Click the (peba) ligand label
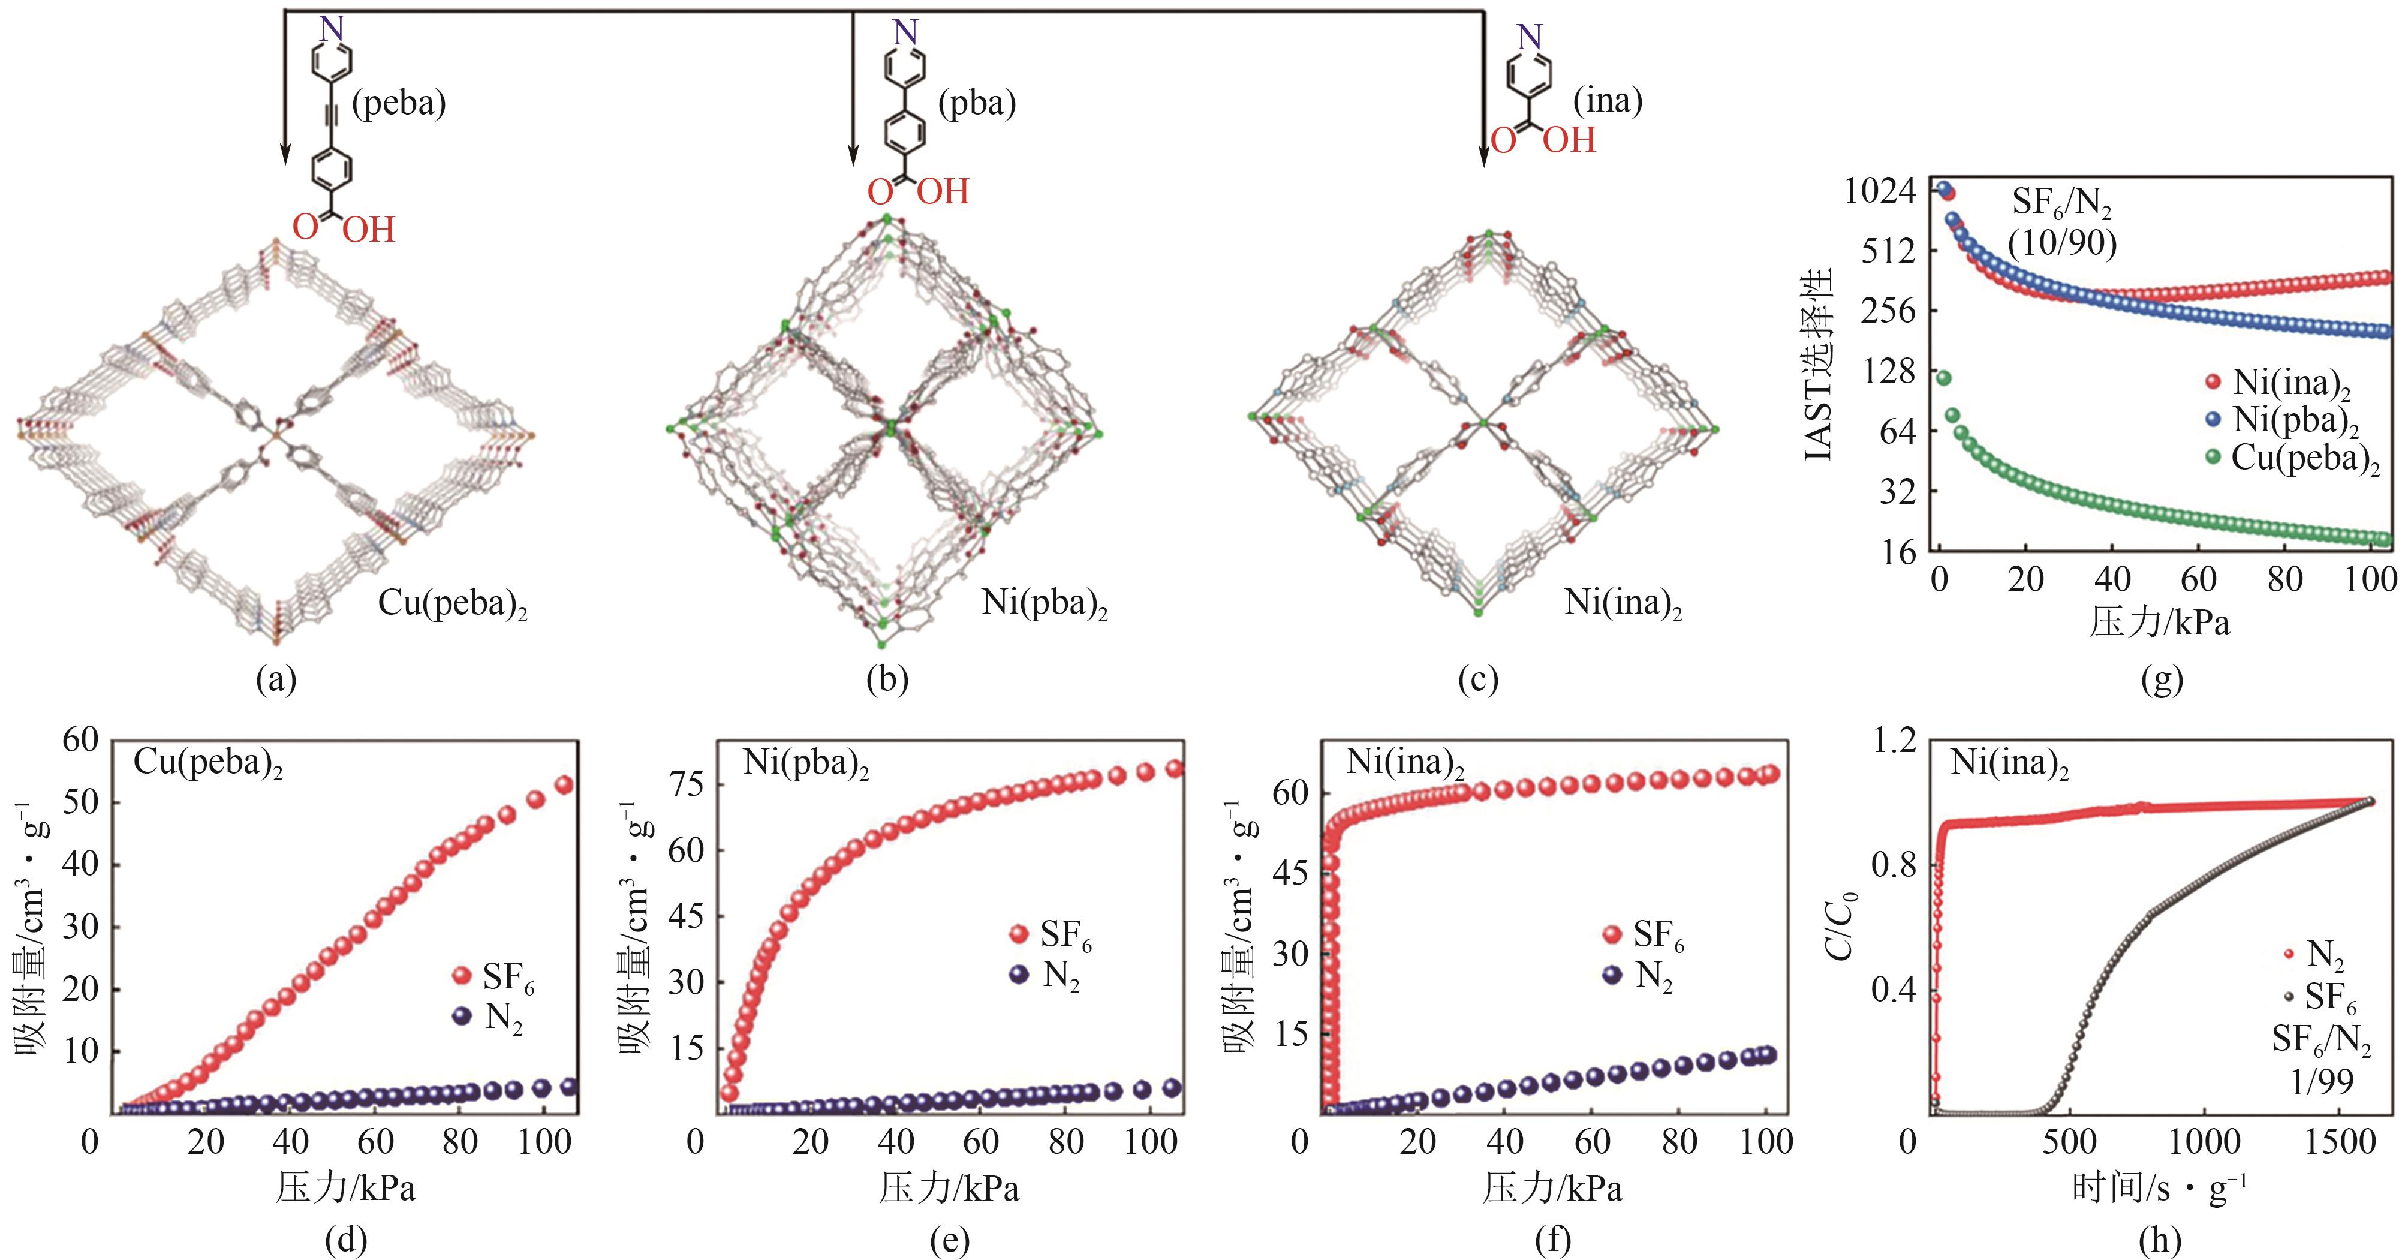click(x=399, y=103)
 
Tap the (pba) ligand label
click(x=977, y=103)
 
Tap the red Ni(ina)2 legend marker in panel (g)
click(x=2213, y=382)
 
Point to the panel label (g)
click(x=2162, y=679)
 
